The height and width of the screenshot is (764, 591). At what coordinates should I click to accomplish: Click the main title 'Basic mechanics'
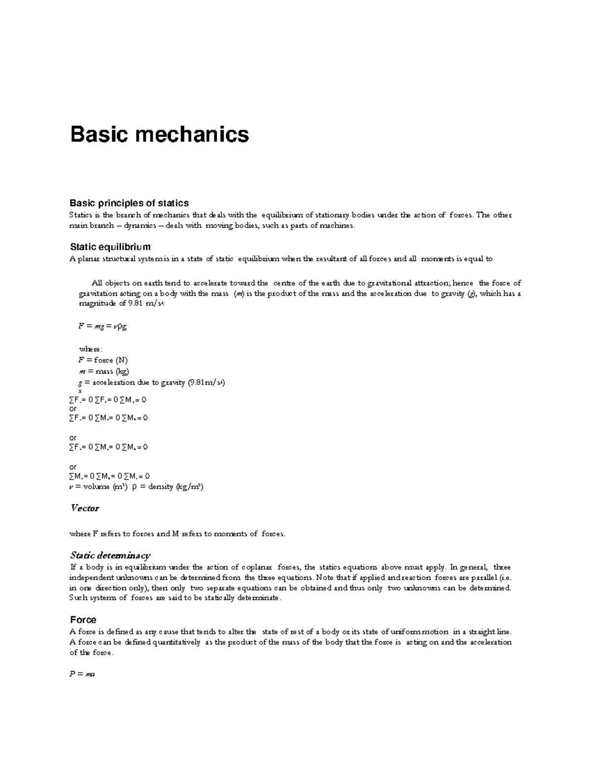click(160, 134)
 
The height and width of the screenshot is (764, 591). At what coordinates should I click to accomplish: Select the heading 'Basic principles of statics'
click(129, 203)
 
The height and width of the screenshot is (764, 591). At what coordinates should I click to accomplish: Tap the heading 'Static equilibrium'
click(110, 246)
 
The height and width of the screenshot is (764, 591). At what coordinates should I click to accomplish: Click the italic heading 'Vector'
click(85, 508)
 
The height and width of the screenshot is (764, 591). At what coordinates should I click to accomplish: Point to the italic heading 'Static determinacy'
click(110, 555)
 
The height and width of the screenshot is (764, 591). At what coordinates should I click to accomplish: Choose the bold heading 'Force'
click(83, 620)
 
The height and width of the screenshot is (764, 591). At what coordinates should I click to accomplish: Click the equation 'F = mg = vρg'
click(103, 326)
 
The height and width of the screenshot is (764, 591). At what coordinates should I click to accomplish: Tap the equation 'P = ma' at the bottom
click(82, 674)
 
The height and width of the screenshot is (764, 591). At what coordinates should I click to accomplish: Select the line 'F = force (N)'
click(103, 360)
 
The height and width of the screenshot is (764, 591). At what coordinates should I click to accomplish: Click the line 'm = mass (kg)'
click(104, 371)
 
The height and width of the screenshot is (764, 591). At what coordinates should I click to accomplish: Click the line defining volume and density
click(136, 487)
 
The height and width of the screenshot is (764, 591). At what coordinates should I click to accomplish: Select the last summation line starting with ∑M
click(110, 476)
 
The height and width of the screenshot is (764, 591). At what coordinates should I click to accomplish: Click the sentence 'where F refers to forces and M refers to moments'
click(177, 533)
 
